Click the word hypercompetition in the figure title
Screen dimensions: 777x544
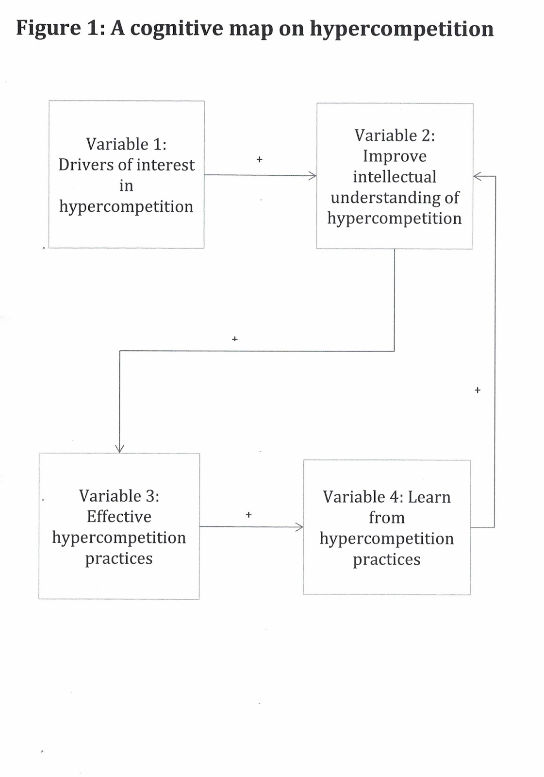tap(401, 29)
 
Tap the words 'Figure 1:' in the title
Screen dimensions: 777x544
tap(60, 28)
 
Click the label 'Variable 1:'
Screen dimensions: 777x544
tap(126, 144)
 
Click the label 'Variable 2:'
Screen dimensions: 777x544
tap(394, 135)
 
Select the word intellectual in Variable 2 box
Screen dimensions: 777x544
tap(394, 177)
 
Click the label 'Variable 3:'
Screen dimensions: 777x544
tap(119, 496)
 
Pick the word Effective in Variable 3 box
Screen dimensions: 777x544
tap(119, 517)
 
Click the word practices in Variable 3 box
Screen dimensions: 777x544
tap(119, 558)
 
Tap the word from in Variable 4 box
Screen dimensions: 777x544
tap(386, 518)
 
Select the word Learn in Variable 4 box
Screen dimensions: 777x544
tap(429, 497)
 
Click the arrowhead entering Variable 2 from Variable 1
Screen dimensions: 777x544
tap(313, 175)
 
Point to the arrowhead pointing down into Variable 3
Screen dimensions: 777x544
tap(119, 449)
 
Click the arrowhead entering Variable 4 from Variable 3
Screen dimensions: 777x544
tap(299, 526)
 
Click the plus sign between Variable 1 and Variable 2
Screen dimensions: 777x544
tap(259, 159)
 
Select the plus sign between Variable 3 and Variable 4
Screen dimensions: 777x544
tap(248, 515)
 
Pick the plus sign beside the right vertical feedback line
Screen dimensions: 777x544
tap(477, 390)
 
